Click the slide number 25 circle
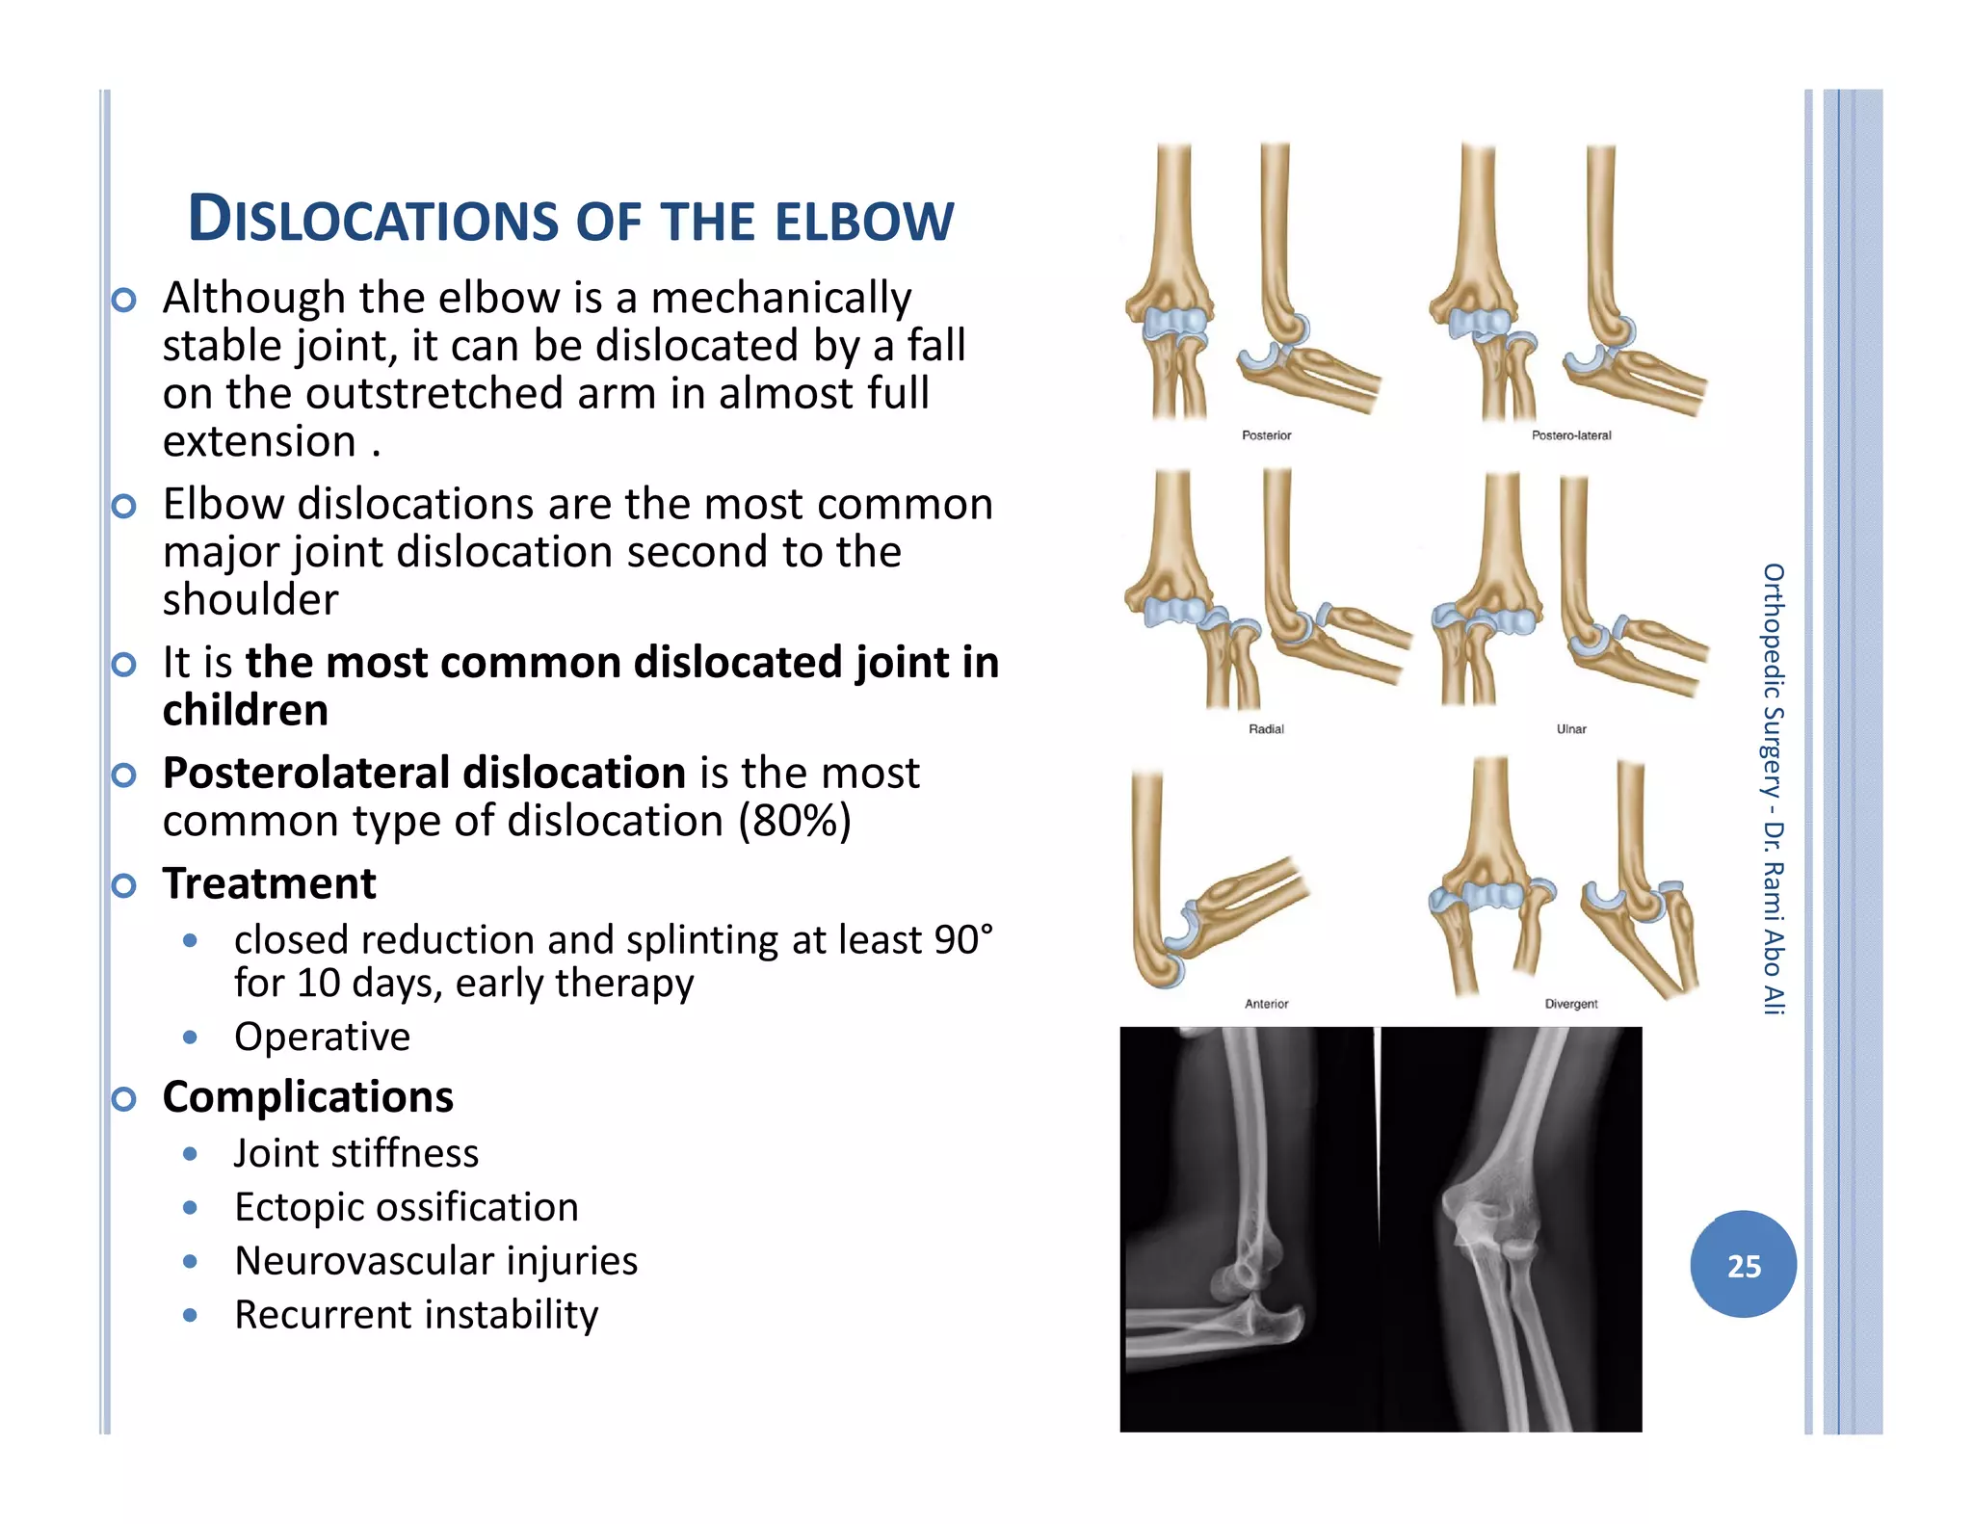1743,1264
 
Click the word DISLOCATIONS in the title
373,220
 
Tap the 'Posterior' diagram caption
1266,435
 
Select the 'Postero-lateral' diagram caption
1571,435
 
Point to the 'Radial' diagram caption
1266,729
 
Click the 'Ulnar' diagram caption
1571,729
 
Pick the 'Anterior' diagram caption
1266,1004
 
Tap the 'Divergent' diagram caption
1571,1004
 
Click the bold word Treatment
269,883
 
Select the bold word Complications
307,1096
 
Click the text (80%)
795,821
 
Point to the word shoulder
250,599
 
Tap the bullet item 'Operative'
322,1037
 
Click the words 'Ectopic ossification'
406,1207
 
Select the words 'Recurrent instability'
416,1315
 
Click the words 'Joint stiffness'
355,1153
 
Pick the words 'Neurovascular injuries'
435,1261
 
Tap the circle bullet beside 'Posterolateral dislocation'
123,775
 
